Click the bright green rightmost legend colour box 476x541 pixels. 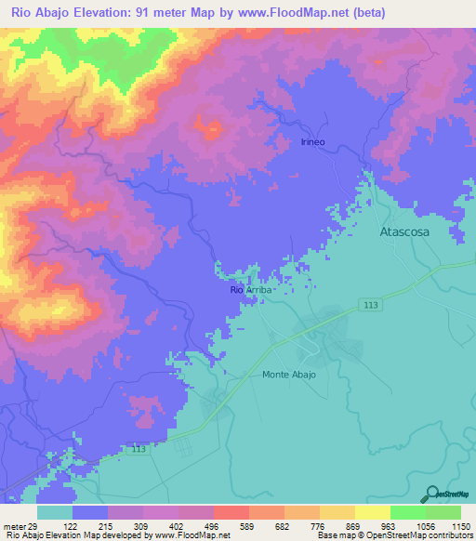pyautogui.click(x=443, y=512)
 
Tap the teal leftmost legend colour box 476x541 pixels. pyautogui.click(x=55, y=512)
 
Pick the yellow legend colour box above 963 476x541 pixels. pyautogui.click(x=372, y=512)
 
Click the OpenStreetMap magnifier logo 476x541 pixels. pyautogui.click(x=430, y=494)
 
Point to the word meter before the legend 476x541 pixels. pyautogui.click(x=12, y=525)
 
